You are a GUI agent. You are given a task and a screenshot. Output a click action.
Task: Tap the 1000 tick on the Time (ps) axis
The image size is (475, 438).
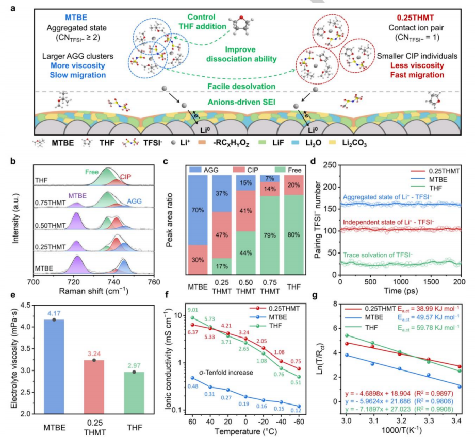pyautogui.click(x=400, y=283)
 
